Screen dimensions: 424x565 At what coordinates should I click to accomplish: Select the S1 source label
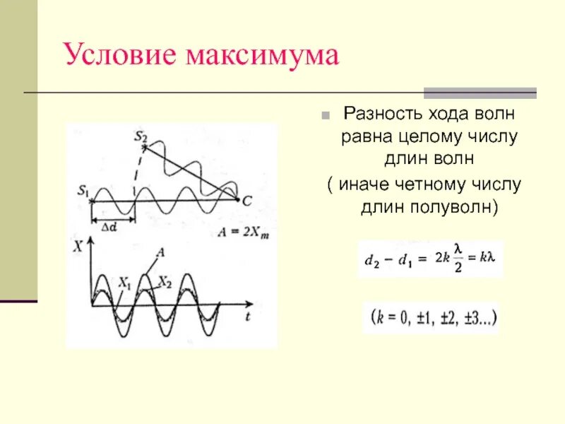click(x=84, y=191)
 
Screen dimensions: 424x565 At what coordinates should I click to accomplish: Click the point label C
click(x=246, y=201)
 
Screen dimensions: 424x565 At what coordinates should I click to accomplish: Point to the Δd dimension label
click(x=109, y=227)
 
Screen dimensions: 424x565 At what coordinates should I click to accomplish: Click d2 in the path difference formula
click(x=371, y=259)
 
